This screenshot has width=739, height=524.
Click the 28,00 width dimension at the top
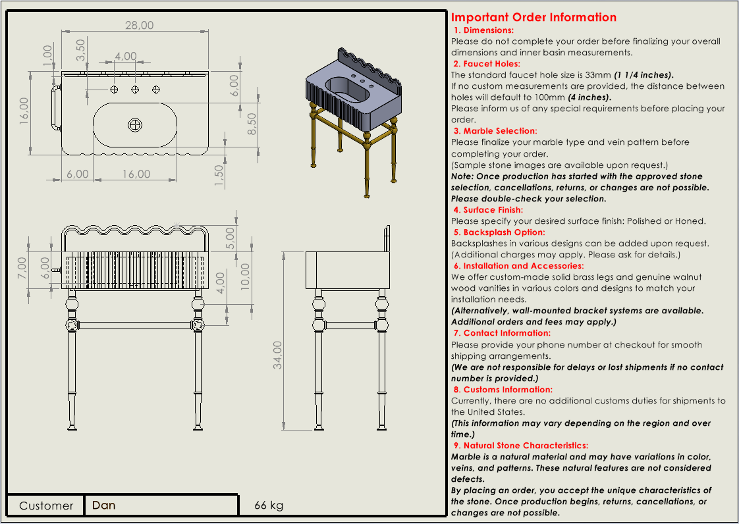[x=140, y=25]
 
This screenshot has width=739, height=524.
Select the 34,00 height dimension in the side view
[x=278, y=355]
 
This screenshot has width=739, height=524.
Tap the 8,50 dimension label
[x=252, y=123]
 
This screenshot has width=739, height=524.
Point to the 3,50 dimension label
[x=81, y=50]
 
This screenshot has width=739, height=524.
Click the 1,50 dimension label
[x=219, y=174]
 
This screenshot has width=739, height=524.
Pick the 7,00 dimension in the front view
[x=22, y=267]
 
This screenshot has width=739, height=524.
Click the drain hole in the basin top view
[x=135, y=124]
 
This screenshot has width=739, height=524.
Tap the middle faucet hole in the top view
[x=135, y=89]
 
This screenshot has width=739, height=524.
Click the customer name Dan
[x=104, y=505]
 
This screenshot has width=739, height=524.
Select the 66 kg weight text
[x=269, y=505]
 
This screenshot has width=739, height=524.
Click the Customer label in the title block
[x=46, y=506]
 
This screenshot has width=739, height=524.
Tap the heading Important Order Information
[x=534, y=18]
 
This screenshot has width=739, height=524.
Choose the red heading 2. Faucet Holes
[x=486, y=64]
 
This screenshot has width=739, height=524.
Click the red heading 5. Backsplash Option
[x=508, y=232]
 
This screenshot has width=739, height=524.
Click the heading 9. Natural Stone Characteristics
[x=520, y=446]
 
